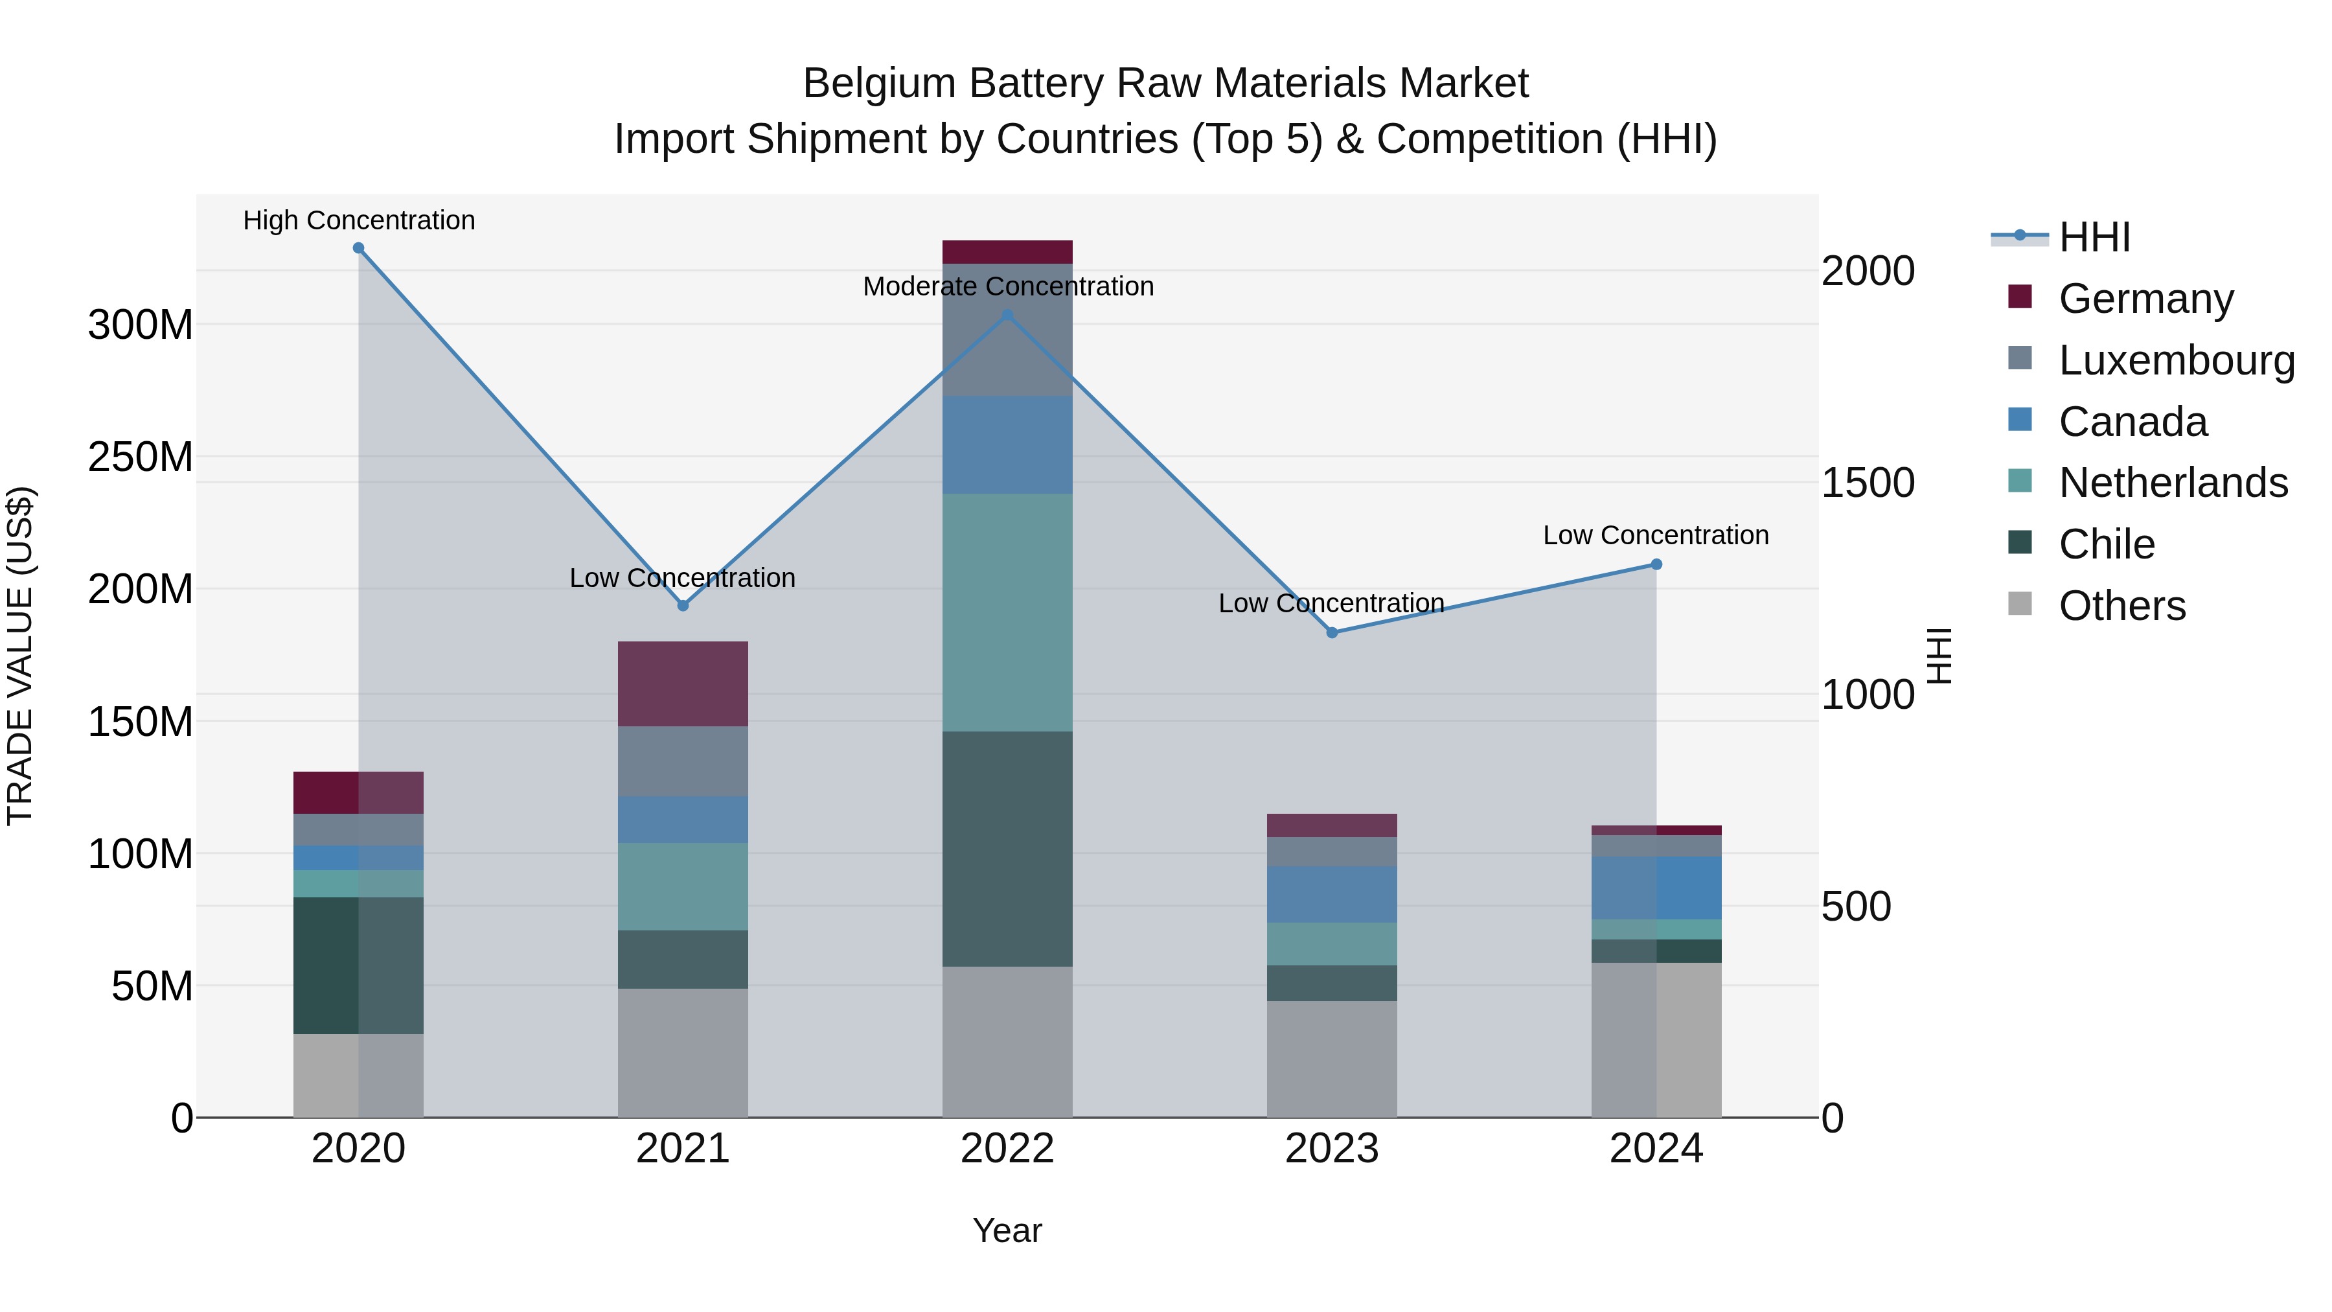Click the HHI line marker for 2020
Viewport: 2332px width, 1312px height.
click(358, 248)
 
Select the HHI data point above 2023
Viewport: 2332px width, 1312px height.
click(1332, 633)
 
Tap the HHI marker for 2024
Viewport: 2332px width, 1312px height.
click(1656, 564)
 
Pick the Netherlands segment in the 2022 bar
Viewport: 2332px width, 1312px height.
click(1007, 612)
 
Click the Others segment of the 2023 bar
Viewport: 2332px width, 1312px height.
click(1332, 1059)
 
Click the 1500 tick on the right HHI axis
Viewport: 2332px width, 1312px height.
click(1868, 483)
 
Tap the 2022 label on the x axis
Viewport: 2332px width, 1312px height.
click(1007, 1149)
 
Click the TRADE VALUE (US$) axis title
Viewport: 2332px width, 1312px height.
click(20, 656)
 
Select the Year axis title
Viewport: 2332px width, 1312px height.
click(1007, 1230)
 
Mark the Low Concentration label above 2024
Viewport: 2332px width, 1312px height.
click(1656, 535)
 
